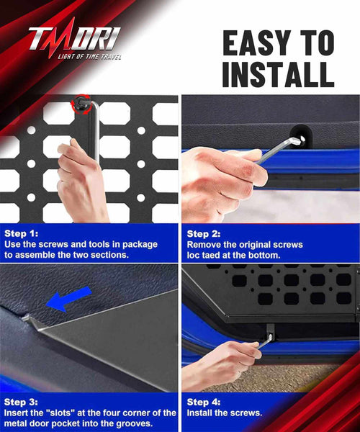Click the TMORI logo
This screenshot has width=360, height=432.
click(x=74, y=38)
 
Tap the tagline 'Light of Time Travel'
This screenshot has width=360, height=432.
click(x=89, y=57)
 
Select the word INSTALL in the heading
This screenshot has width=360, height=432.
click(x=278, y=74)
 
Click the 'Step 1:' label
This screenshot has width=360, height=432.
click(x=21, y=233)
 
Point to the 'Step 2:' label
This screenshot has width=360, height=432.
click(x=204, y=234)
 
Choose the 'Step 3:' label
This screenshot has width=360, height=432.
click(x=21, y=402)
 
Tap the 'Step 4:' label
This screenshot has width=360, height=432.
click(x=204, y=402)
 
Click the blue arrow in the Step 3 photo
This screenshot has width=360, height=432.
click(x=68, y=300)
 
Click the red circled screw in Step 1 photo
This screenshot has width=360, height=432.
click(x=81, y=103)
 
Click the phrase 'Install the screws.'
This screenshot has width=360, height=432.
click(x=224, y=413)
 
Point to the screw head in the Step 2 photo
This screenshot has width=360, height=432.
click(x=302, y=138)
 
